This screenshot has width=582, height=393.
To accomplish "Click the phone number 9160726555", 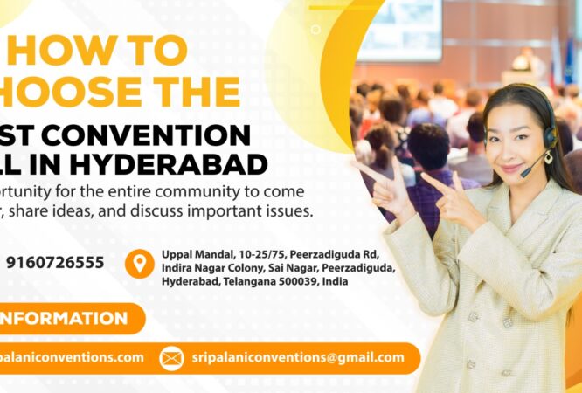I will (55, 262).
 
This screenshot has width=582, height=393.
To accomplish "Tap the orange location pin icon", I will (139, 263).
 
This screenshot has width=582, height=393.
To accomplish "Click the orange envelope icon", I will (171, 358).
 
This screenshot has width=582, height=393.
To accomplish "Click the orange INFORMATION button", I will (65, 319).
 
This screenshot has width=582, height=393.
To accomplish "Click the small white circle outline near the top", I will (315, 29).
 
